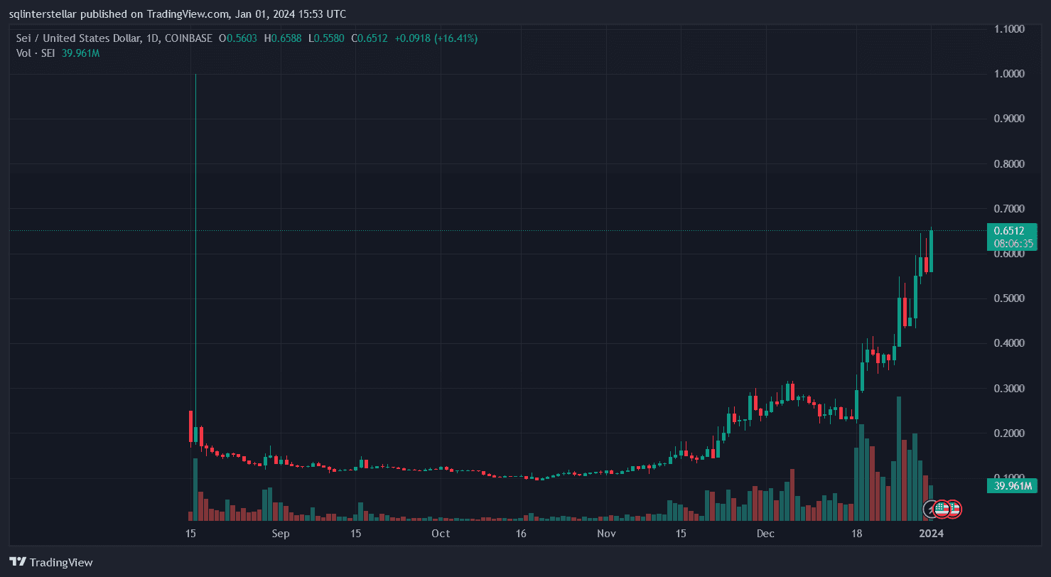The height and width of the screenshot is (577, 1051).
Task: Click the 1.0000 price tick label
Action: [1008, 74]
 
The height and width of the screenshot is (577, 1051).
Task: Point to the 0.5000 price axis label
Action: [1008, 298]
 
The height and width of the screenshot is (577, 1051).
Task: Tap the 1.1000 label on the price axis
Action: [1008, 29]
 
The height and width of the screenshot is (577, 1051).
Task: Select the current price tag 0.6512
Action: [1008, 230]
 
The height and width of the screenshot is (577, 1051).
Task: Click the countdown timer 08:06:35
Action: [1013, 243]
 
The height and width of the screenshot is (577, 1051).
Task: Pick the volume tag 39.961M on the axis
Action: [1011, 486]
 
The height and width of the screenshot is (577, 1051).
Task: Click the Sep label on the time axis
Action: [281, 534]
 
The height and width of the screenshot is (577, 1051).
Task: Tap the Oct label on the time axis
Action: [441, 534]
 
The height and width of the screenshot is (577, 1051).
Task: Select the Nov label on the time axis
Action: [605, 534]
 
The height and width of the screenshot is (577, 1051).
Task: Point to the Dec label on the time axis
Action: [765, 534]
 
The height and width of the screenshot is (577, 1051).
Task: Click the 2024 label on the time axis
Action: [931, 534]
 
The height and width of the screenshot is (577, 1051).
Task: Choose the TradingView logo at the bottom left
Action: [51, 562]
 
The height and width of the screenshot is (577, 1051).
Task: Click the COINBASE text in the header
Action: [188, 38]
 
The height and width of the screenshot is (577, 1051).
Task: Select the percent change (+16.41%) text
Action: [451, 38]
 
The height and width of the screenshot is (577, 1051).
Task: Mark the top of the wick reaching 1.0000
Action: [195, 75]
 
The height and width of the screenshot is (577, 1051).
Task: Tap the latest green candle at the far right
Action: [931, 251]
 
